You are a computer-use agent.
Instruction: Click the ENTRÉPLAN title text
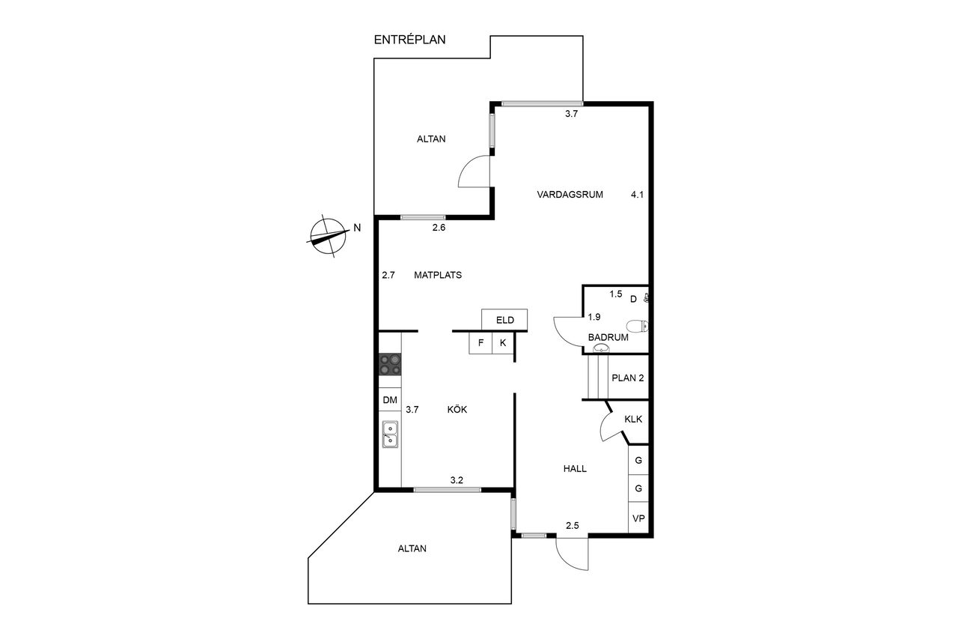click(x=409, y=40)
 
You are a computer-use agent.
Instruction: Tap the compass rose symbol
click(x=328, y=235)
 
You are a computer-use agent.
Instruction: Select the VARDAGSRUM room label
click(x=570, y=195)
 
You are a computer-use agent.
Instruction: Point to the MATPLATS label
click(x=438, y=275)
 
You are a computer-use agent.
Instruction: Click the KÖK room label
click(x=457, y=409)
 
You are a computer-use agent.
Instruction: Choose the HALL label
click(x=575, y=469)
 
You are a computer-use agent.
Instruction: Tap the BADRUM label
click(x=608, y=337)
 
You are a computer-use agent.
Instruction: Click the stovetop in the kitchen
click(x=390, y=364)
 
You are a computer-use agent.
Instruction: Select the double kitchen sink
click(x=390, y=434)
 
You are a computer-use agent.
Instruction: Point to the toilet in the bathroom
click(x=638, y=326)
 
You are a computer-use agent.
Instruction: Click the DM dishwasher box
click(x=390, y=400)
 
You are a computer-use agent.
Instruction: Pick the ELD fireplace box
click(x=504, y=320)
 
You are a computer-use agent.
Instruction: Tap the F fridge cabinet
click(x=480, y=343)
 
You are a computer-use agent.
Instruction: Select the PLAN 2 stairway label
click(x=627, y=378)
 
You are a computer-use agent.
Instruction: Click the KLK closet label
click(x=633, y=419)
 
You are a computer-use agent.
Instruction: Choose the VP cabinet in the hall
click(x=638, y=518)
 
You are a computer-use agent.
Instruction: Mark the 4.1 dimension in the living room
click(x=637, y=195)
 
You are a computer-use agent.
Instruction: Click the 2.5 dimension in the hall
click(x=573, y=526)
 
